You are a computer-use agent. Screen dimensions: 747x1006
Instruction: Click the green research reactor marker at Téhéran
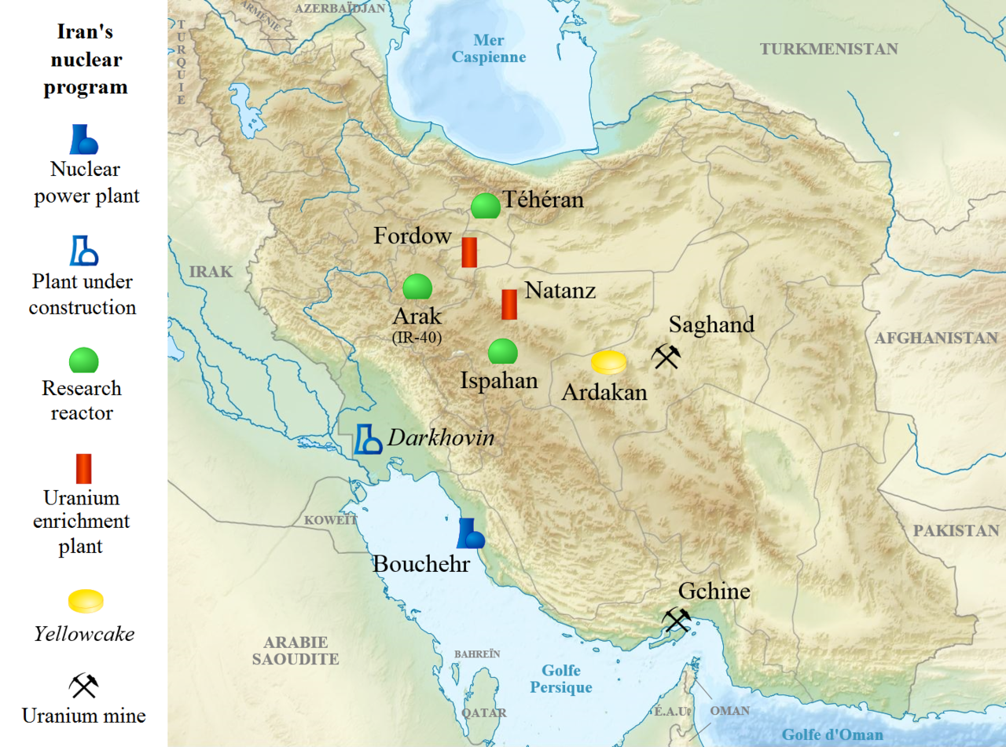pyautogui.click(x=486, y=206)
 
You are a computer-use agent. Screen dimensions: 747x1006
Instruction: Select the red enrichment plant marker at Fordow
pyautogui.click(x=469, y=252)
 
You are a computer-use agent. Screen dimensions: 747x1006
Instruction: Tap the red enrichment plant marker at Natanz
pyautogui.click(x=509, y=305)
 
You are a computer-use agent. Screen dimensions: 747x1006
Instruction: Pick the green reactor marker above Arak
pyautogui.click(x=417, y=287)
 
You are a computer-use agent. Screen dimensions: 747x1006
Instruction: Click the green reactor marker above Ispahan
pyautogui.click(x=502, y=352)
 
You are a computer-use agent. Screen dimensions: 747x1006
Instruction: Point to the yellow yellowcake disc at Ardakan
pyautogui.click(x=608, y=362)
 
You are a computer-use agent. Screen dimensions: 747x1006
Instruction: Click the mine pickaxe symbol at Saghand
pyautogui.click(x=665, y=357)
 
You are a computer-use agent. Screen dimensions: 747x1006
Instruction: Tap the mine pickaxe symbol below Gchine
pyautogui.click(x=676, y=621)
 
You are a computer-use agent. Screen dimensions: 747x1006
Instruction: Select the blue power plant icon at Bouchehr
pyautogui.click(x=470, y=533)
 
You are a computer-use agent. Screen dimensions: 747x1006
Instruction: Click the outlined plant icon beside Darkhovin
pyautogui.click(x=367, y=440)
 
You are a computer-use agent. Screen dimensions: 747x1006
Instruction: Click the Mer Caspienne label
pyautogui.click(x=488, y=49)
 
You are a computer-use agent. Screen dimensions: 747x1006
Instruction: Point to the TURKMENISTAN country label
pyautogui.click(x=828, y=49)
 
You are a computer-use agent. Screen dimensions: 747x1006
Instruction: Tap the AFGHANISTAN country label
pyautogui.click(x=936, y=339)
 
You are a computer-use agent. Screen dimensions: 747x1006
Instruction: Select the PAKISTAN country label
pyautogui.click(x=956, y=531)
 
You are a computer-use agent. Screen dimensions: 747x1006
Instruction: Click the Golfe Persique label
pyautogui.click(x=560, y=679)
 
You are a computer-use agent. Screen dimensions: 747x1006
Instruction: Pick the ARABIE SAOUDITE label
pyautogui.click(x=295, y=650)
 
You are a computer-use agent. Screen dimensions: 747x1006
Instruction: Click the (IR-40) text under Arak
pyautogui.click(x=417, y=338)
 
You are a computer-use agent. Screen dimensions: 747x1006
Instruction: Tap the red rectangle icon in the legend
pyautogui.click(x=83, y=469)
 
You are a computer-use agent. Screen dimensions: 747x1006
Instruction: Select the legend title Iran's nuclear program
pyautogui.click(x=85, y=60)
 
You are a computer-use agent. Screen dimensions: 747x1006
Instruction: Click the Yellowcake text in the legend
pyautogui.click(x=84, y=634)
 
